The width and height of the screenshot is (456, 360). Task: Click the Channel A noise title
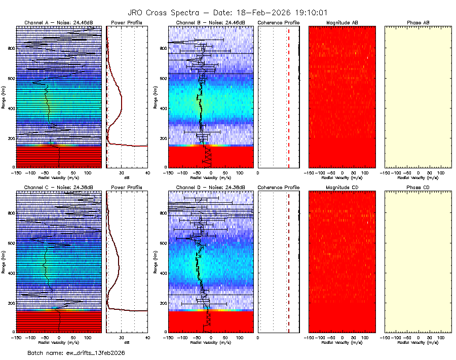[59, 23]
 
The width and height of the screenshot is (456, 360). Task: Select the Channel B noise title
[210, 23]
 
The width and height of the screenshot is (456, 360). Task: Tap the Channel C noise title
[59, 187]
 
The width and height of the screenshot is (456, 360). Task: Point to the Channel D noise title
[210, 187]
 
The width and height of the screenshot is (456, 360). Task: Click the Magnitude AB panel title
[342, 23]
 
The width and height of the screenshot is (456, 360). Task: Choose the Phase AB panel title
[418, 23]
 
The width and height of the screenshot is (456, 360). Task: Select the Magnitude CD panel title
[342, 187]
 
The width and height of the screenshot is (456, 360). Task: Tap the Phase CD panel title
[418, 187]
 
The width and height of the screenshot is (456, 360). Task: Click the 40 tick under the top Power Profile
[147, 172]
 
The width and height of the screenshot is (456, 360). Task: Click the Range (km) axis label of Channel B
[155, 97]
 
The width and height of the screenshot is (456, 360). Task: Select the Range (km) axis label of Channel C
[3, 261]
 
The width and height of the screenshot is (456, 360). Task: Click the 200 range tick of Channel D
[162, 303]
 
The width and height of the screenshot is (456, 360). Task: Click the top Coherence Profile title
[279, 23]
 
